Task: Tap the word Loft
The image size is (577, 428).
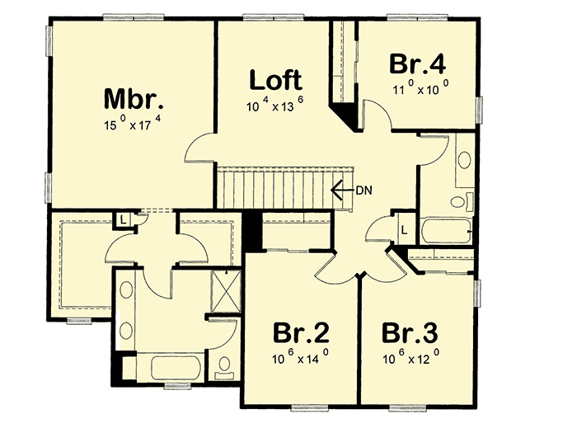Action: [276, 81]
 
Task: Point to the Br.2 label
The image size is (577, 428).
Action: [301, 334]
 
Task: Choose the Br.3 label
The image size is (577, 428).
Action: [410, 334]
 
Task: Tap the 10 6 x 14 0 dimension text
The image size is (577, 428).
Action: [301, 360]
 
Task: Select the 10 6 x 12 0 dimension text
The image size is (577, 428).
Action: [410, 360]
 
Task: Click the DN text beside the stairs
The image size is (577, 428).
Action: [365, 190]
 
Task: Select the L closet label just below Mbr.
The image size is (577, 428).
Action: [121, 219]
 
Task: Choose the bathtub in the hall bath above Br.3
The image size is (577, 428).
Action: [445, 230]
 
